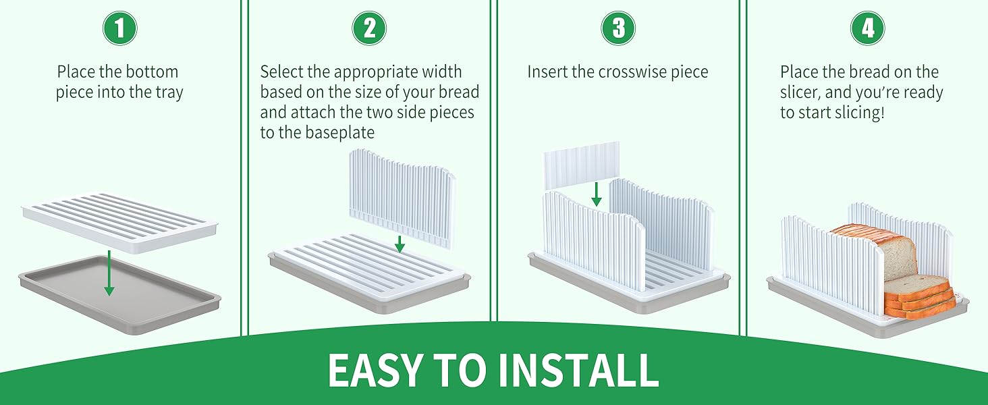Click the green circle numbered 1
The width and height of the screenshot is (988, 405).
(x=119, y=28)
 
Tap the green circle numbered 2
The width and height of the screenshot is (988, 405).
(x=369, y=28)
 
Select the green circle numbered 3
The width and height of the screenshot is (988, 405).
(x=618, y=28)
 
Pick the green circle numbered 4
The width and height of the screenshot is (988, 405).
(x=868, y=28)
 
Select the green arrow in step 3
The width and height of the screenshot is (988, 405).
(x=597, y=194)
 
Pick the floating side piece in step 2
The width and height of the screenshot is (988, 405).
(x=402, y=192)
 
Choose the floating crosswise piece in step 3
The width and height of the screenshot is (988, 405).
(x=581, y=163)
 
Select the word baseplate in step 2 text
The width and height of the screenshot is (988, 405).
(x=339, y=133)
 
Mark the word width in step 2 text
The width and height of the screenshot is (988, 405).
(x=439, y=72)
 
